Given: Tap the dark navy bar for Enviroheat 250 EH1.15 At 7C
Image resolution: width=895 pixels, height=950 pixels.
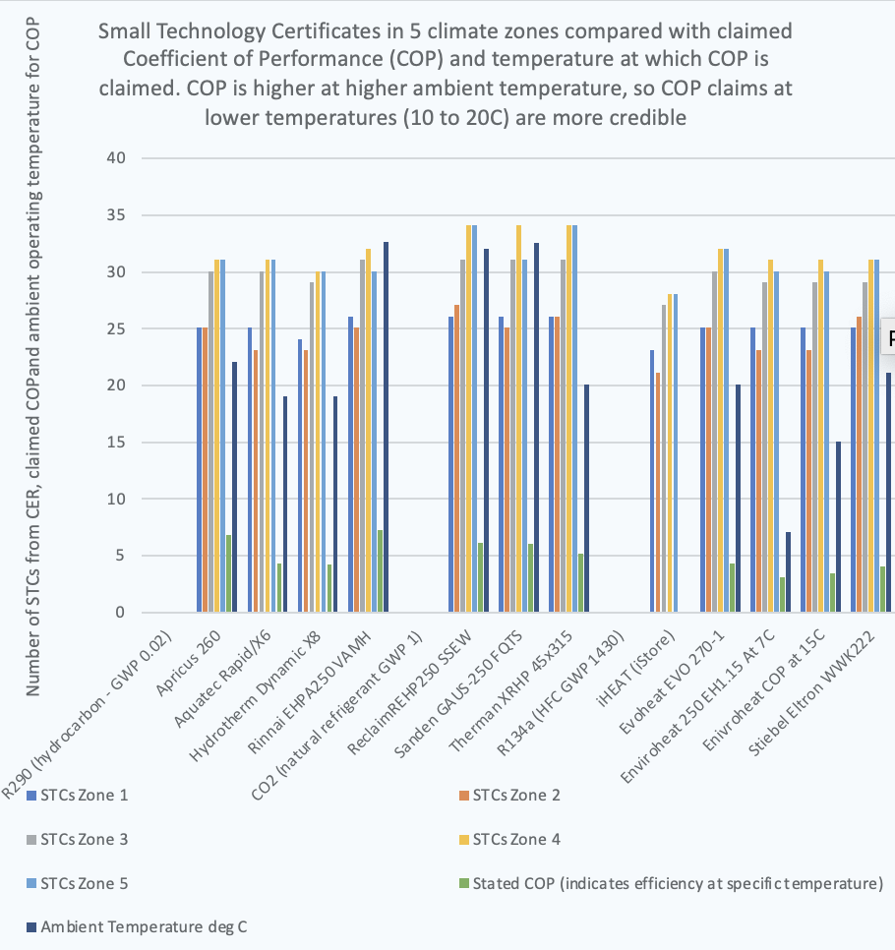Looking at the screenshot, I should [x=789, y=572].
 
